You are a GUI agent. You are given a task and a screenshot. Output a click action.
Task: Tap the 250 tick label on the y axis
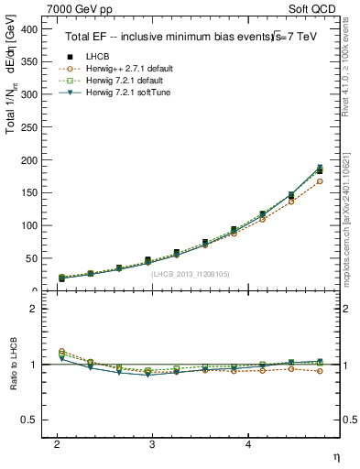(29, 127)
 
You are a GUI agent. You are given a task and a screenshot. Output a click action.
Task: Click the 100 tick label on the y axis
(29, 225)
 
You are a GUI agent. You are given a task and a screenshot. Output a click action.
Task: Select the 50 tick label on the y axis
(32, 258)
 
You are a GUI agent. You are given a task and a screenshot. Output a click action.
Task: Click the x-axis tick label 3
(152, 443)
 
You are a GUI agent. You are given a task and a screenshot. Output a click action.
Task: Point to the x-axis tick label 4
(248, 443)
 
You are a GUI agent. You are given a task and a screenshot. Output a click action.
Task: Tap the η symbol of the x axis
(335, 455)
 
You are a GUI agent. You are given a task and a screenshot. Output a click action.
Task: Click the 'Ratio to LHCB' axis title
(12, 365)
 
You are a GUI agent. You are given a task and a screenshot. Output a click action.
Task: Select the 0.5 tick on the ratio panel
(29, 420)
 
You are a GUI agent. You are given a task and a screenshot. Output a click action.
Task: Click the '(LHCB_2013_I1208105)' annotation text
(191, 273)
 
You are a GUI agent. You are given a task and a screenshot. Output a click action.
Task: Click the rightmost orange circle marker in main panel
(319, 181)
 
